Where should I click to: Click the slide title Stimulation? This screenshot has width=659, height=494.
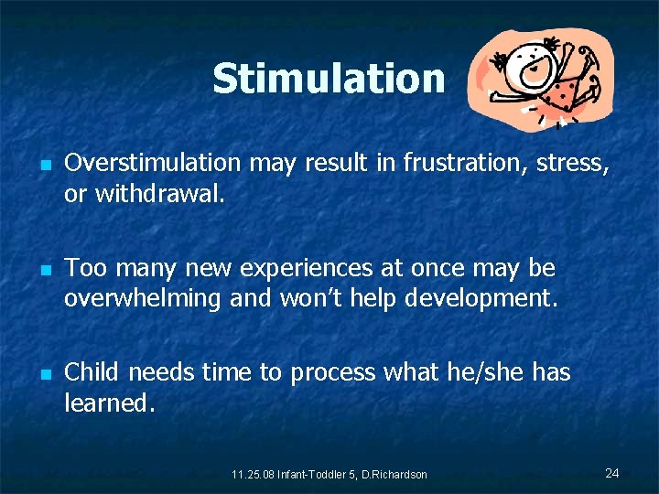tap(328, 79)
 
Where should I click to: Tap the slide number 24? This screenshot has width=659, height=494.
tap(612, 472)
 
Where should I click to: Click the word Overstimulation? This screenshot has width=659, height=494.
tap(153, 163)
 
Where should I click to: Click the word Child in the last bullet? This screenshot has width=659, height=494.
tap(93, 372)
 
